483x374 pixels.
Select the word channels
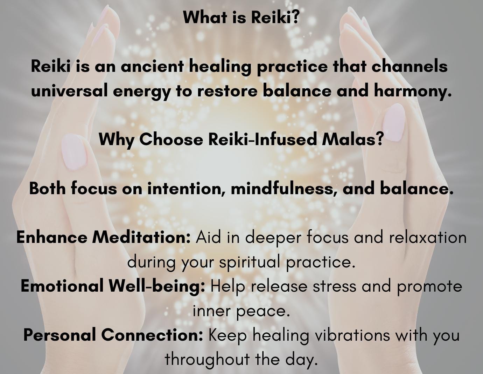coord(409,66)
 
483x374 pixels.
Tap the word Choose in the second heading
coord(171,140)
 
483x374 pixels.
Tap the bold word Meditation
coord(141,237)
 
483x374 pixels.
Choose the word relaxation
coord(428,237)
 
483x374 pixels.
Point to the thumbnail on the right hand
coord(394,123)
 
